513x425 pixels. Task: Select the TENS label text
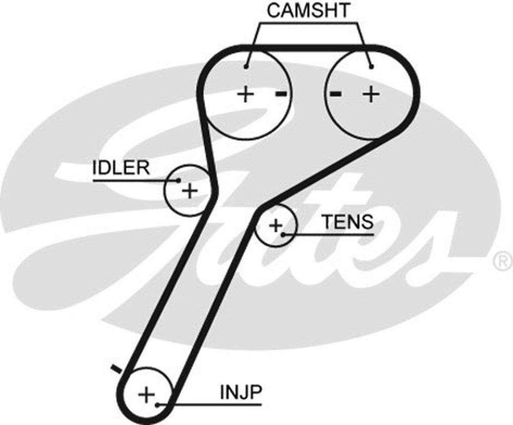tap(347, 222)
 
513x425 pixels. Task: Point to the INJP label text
tap(241, 393)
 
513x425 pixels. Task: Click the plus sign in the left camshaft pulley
tap(246, 94)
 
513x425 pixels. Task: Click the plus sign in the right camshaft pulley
tap(370, 94)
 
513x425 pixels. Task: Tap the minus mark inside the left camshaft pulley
tap(281, 93)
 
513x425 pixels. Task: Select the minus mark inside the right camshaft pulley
tap(336, 93)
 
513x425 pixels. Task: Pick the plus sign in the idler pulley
tap(190, 191)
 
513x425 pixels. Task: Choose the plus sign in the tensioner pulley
tap(276, 225)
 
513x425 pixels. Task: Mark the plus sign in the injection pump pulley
tap(147, 395)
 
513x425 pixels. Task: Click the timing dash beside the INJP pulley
tap(117, 368)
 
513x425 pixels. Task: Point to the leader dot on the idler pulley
tap(179, 180)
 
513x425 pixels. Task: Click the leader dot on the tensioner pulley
tap(283, 234)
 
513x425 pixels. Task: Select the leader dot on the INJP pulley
tap(158, 404)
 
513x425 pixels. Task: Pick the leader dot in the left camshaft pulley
tap(246, 66)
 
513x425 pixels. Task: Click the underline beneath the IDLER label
tap(133, 181)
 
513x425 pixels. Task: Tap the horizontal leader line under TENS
tap(328, 235)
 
